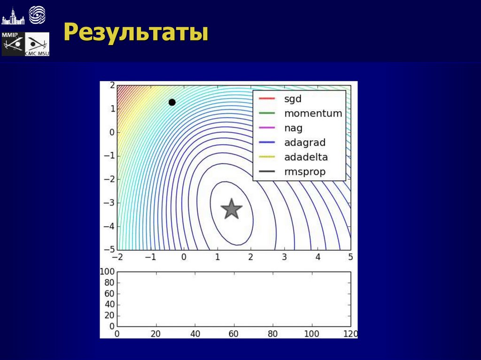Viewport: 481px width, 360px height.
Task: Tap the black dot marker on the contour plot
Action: coord(172,102)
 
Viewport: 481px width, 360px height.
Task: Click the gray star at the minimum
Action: coord(231,209)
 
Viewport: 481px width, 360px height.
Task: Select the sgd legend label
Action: coord(293,99)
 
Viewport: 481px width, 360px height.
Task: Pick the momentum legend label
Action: coord(313,113)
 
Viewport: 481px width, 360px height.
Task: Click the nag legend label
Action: coord(293,128)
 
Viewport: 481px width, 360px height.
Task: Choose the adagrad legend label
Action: coord(304,143)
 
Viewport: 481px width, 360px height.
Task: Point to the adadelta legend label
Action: coord(306,157)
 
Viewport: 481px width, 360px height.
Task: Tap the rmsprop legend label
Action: coord(304,172)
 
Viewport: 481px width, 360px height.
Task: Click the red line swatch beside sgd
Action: coord(267,99)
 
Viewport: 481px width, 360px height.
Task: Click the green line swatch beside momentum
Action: coord(267,113)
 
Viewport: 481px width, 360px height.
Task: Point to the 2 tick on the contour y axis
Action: coord(112,85)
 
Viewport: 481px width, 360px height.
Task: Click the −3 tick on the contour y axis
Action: coord(110,203)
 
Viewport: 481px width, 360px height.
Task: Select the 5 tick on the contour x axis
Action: coord(350,257)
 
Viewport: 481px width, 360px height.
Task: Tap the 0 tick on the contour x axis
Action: coord(184,257)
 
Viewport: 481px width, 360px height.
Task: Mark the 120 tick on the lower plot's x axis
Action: coord(350,334)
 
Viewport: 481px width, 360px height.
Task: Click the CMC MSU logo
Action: coord(37,45)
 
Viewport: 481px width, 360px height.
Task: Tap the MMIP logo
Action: coord(13,44)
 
